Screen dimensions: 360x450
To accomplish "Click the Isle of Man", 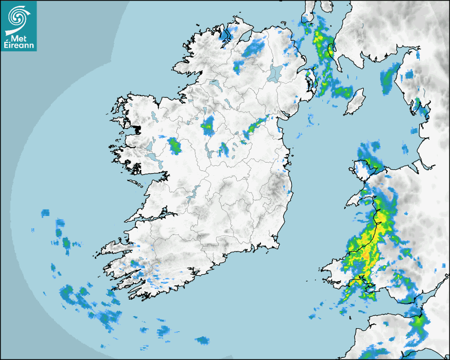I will point(354,101).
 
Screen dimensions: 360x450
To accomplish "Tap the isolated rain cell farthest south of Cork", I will point(202,340).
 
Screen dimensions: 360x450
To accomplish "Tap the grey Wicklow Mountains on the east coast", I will point(275,187).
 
